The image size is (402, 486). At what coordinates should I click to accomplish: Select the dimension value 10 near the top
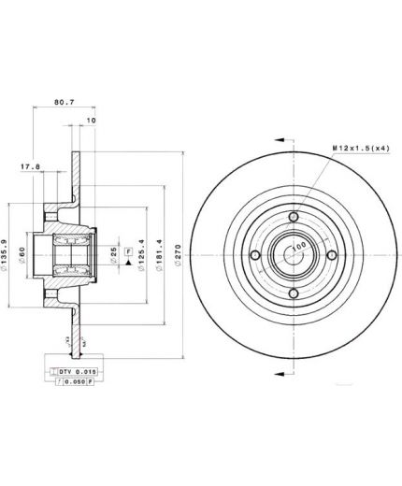click(90, 121)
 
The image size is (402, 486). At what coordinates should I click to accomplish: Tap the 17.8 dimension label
click(31, 169)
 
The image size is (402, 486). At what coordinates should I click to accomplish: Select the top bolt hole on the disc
click(294, 218)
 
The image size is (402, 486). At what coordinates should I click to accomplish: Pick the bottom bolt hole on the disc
click(294, 294)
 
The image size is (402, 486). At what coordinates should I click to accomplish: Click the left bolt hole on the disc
click(255, 256)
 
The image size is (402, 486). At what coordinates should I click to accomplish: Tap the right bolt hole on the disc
click(332, 256)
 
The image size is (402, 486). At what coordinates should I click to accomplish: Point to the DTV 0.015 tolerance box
click(78, 371)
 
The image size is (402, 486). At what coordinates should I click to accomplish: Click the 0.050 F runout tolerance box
click(78, 382)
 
